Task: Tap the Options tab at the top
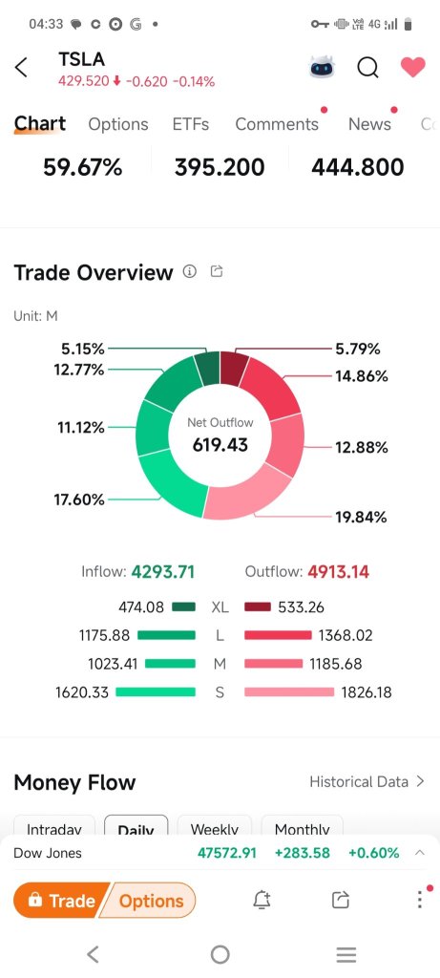pyautogui.click(x=118, y=124)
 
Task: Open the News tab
pyautogui.click(x=369, y=124)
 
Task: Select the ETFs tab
pyautogui.click(x=191, y=124)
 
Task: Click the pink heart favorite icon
pyautogui.click(x=412, y=67)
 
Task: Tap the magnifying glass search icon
pyautogui.click(x=367, y=67)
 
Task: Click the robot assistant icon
pyautogui.click(x=322, y=67)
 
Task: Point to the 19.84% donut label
pyautogui.click(x=361, y=517)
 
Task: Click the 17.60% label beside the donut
pyautogui.click(x=79, y=500)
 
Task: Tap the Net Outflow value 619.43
pyautogui.click(x=220, y=445)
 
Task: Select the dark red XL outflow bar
pyautogui.click(x=258, y=606)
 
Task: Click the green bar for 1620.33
pyautogui.click(x=156, y=691)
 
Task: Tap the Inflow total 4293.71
pyautogui.click(x=162, y=571)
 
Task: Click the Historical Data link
pyautogui.click(x=367, y=781)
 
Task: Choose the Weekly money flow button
pyautogui.click(x=215, y=828)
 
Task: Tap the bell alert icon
pyautogui.click(x=262, y=900)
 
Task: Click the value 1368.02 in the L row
pyautogui.click(x=346, y=635)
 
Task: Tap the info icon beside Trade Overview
pyautogui.click(x=190, y=271)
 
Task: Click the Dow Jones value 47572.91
pyautogui.click(x=227, y=853)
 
